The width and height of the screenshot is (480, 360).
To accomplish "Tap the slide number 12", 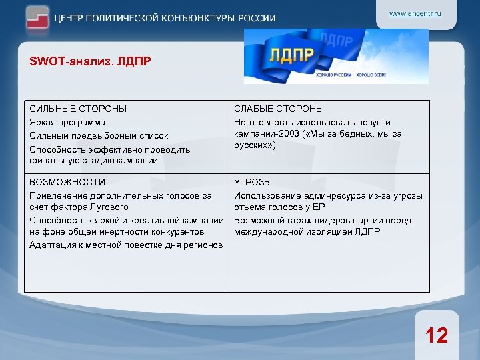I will pos(437,335).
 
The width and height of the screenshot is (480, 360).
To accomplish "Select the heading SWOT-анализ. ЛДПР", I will pos(90,62).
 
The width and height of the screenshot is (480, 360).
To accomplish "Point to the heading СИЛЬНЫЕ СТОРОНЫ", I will pos(78,109).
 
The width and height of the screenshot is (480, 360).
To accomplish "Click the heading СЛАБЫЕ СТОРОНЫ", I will pos(279,109).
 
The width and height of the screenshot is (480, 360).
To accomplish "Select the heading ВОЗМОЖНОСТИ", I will pos(67,182).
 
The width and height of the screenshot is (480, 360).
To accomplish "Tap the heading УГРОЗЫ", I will pos(253,182).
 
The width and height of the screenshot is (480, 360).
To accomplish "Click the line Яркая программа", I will pos(67,122).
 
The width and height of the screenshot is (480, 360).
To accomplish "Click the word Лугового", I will pos(110,208).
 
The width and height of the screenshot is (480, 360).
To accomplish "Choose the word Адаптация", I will pos(52,245).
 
